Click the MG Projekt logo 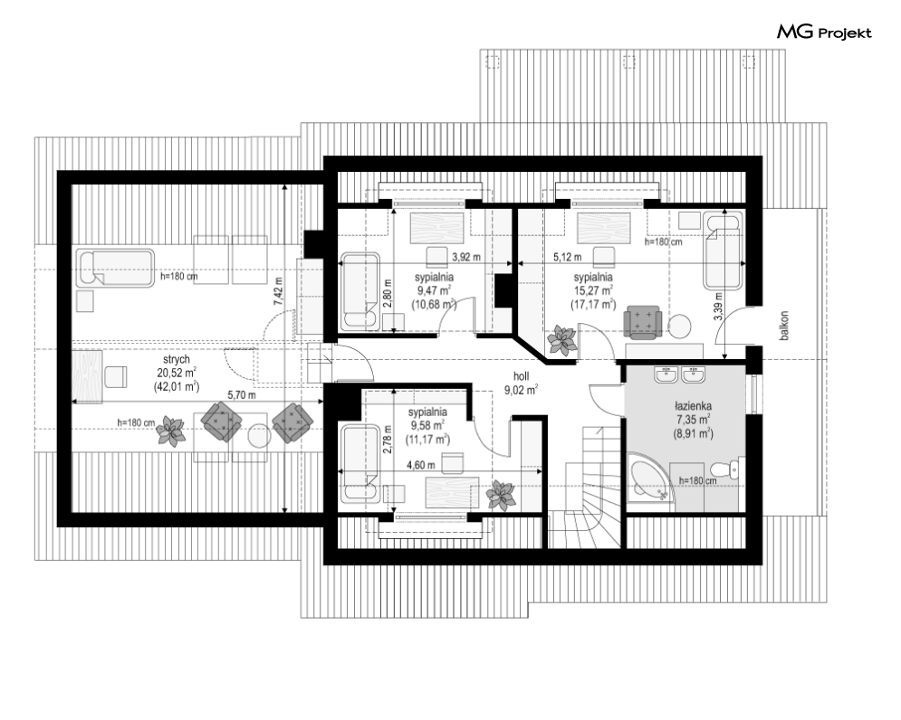[824, 33]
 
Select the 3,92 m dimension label [465, 257]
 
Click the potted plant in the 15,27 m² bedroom [562, 341]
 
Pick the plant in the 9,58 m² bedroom [500, 496]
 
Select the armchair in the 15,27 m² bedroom [644, 319]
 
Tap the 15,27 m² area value [593, 291]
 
